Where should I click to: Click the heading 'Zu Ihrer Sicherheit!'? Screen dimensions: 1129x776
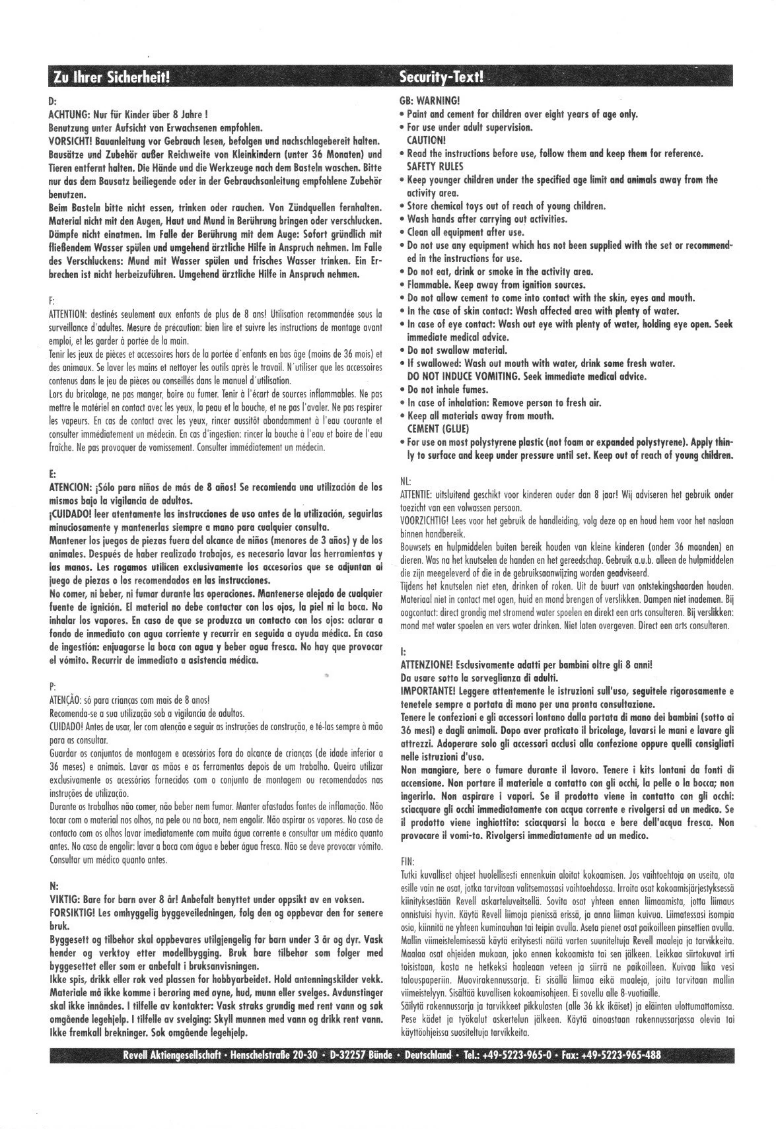click(110, 78)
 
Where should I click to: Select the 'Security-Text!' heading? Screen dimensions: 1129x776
click(442, 78)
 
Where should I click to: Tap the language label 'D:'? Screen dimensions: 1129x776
click(54, 101)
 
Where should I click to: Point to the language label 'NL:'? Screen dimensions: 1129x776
click(406, 481)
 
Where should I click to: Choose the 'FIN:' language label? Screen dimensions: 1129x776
click(408, 861)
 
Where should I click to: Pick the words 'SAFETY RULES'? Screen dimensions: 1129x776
click(435, 166)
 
